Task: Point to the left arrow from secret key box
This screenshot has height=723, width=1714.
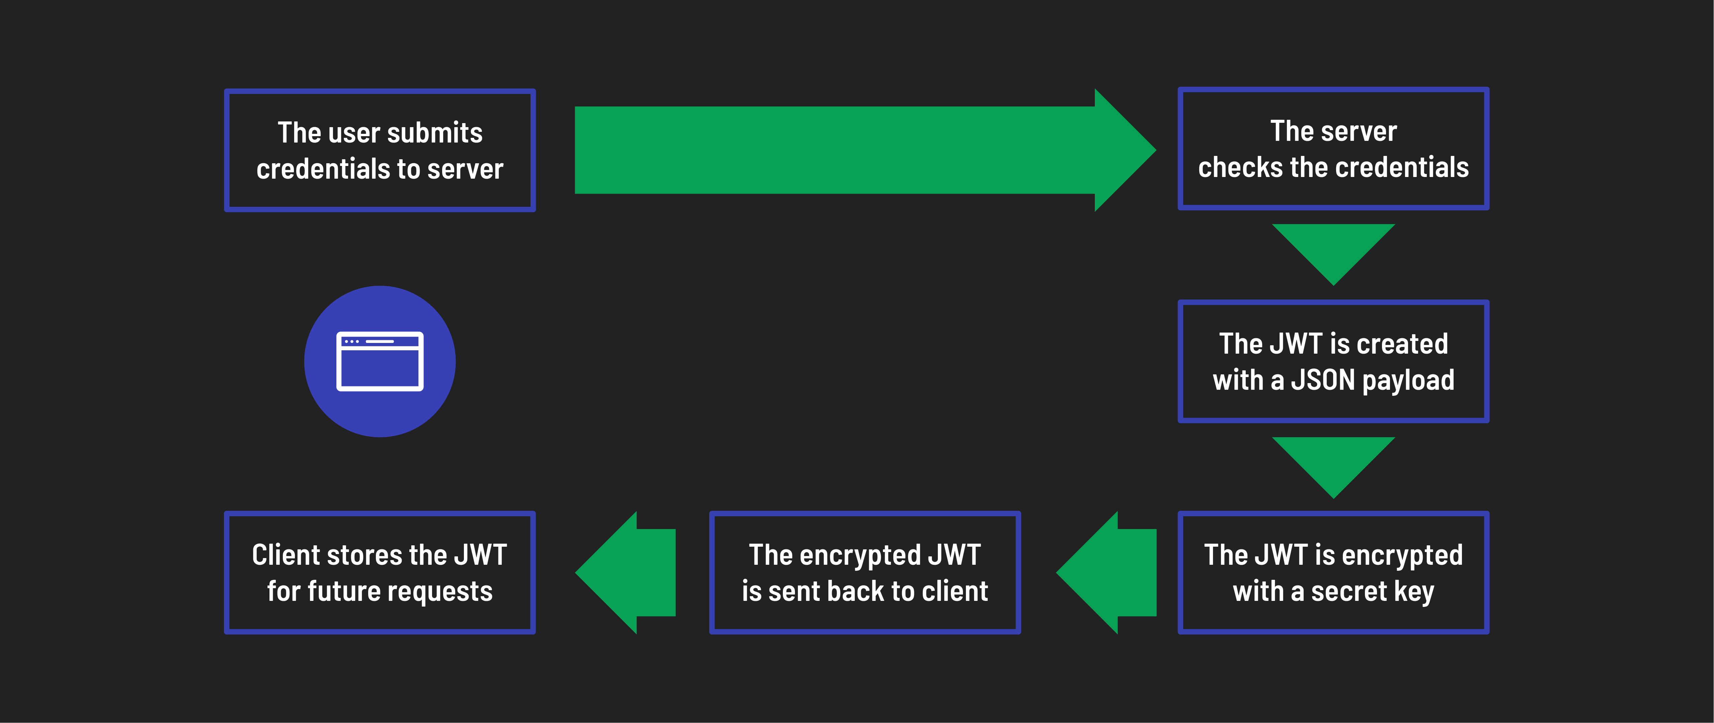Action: click(1111, 573)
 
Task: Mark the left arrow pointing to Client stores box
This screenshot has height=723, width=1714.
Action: click(629, 573)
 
